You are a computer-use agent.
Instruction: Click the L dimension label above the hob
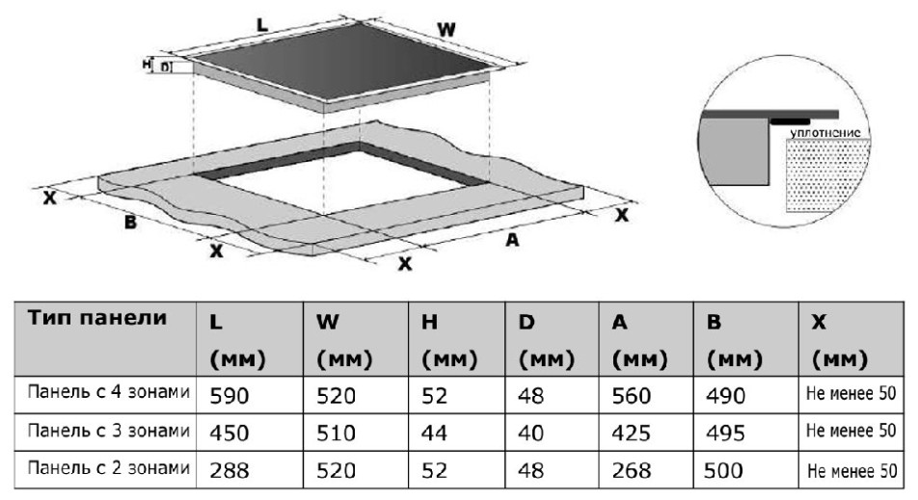261,25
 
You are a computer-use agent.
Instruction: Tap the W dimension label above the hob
446,29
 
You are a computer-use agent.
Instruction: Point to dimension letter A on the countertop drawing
512,239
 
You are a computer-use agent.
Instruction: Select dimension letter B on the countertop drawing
130,223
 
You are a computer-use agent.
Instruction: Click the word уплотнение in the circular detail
825,133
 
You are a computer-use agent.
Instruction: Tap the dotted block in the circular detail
825,174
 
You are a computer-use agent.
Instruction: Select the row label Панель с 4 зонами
109,392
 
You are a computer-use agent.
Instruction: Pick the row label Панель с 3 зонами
109,431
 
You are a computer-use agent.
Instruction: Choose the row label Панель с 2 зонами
109,468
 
